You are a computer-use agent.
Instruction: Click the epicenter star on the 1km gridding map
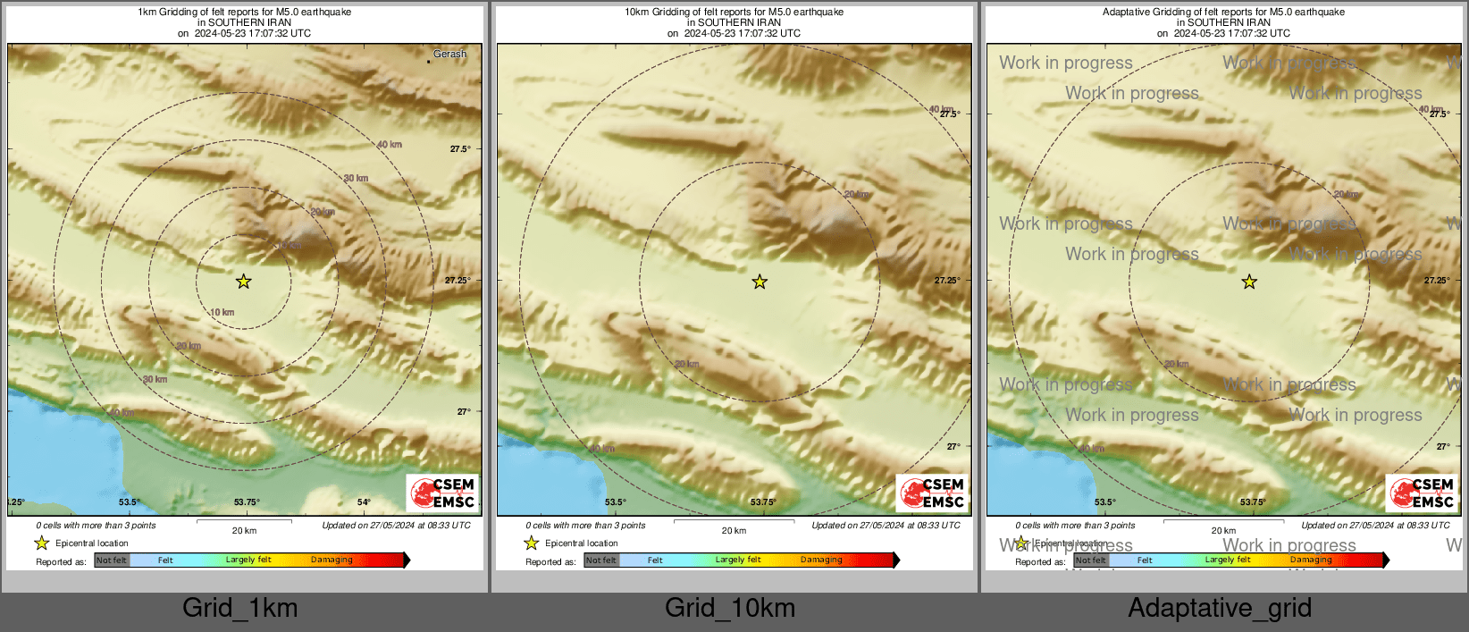(243, 282)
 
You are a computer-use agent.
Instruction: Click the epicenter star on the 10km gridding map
(760, 282)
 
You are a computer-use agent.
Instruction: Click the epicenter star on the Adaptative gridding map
(1249, 282)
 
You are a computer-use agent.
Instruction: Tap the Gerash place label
(449, 55)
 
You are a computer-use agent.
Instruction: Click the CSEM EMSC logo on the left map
(443, 493)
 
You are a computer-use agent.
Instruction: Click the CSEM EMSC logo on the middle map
(933, 493)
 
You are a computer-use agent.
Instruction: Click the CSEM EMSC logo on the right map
(1423, 493)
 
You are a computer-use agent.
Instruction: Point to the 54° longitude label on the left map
(364, 502)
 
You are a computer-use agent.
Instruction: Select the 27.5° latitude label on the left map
(459, 149)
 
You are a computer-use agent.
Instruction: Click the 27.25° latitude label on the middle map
(947, 281)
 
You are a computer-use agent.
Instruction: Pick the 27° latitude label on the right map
(1443, 446)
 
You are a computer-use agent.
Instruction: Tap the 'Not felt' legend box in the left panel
(112, 560)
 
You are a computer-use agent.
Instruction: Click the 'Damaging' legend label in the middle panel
(821, 560)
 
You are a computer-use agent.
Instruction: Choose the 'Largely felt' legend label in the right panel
(1228, 560)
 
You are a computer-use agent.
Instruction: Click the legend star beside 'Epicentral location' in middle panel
(532, 543)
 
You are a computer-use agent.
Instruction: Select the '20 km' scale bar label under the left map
(244, 531)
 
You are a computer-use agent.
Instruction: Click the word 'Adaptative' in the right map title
(1127, 13)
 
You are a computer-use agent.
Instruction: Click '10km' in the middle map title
(636, 13)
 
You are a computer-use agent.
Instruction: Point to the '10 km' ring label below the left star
(222, 313)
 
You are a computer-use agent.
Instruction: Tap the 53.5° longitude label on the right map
(1105, 502)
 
